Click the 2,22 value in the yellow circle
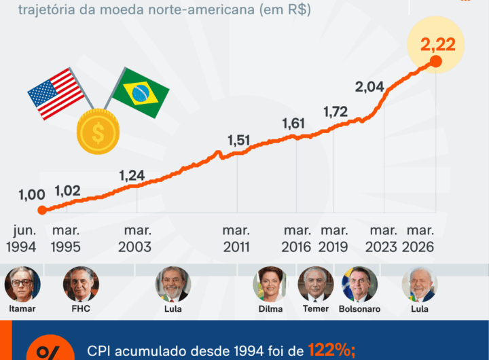(x=437, y=46)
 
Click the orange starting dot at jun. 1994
(x=41, y=210)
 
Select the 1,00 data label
(x=31, y=195)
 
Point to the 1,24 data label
(x=132, y=175)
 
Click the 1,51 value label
(x=239, y=141)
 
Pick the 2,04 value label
(x=370, y=87)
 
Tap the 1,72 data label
(x=336, y=110)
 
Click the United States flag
(x=56, y=92)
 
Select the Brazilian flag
(x=141, y=93)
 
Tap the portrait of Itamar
(x=22, y=284)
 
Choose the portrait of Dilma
(x=270, y=284)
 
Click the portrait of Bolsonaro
(x=359, y=284)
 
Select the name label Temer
(x=316, y=308)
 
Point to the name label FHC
(x=80, y=308)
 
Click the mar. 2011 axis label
(x=236, y=238)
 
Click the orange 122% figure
(x=331, y=350)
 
